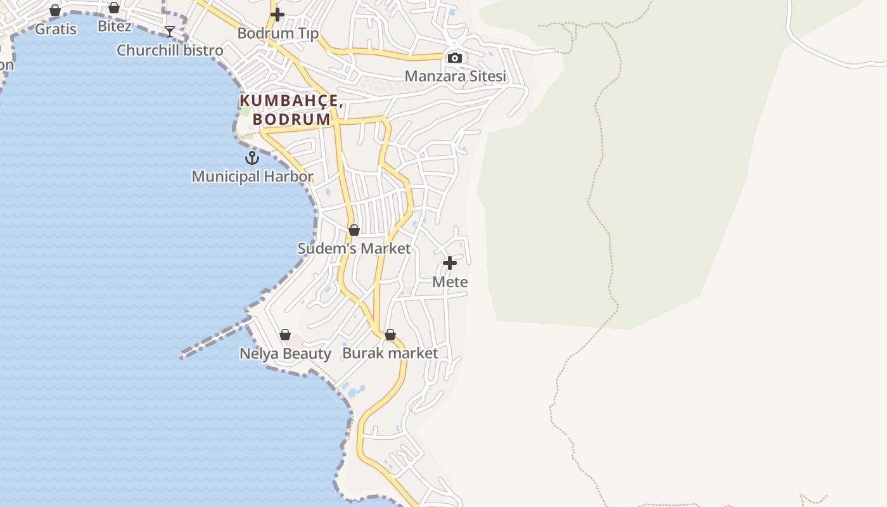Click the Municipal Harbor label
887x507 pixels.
[252, 176]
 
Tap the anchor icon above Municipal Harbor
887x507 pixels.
[252, 158]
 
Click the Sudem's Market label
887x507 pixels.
[354, 248]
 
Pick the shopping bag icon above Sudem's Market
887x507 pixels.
[354, 230]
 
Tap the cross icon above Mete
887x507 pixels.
[450, 263]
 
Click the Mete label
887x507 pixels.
[450, 281]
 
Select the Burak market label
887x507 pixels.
[390, 353]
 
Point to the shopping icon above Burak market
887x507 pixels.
[390, 335]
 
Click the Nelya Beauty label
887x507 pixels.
[285, 353]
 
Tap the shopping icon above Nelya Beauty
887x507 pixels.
[285, 335]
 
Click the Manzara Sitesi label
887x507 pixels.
[455, 76]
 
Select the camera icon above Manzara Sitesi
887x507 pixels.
[455, 58]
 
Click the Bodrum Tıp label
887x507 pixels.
[278, 33]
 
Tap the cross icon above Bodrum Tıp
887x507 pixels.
[278, 15]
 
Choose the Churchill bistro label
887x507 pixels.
[170, 50]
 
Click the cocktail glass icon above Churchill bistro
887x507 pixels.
[170, 32]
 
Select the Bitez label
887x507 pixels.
[115, 26]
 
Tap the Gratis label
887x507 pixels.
[55, 29]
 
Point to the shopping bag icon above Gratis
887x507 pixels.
[55, 10]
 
